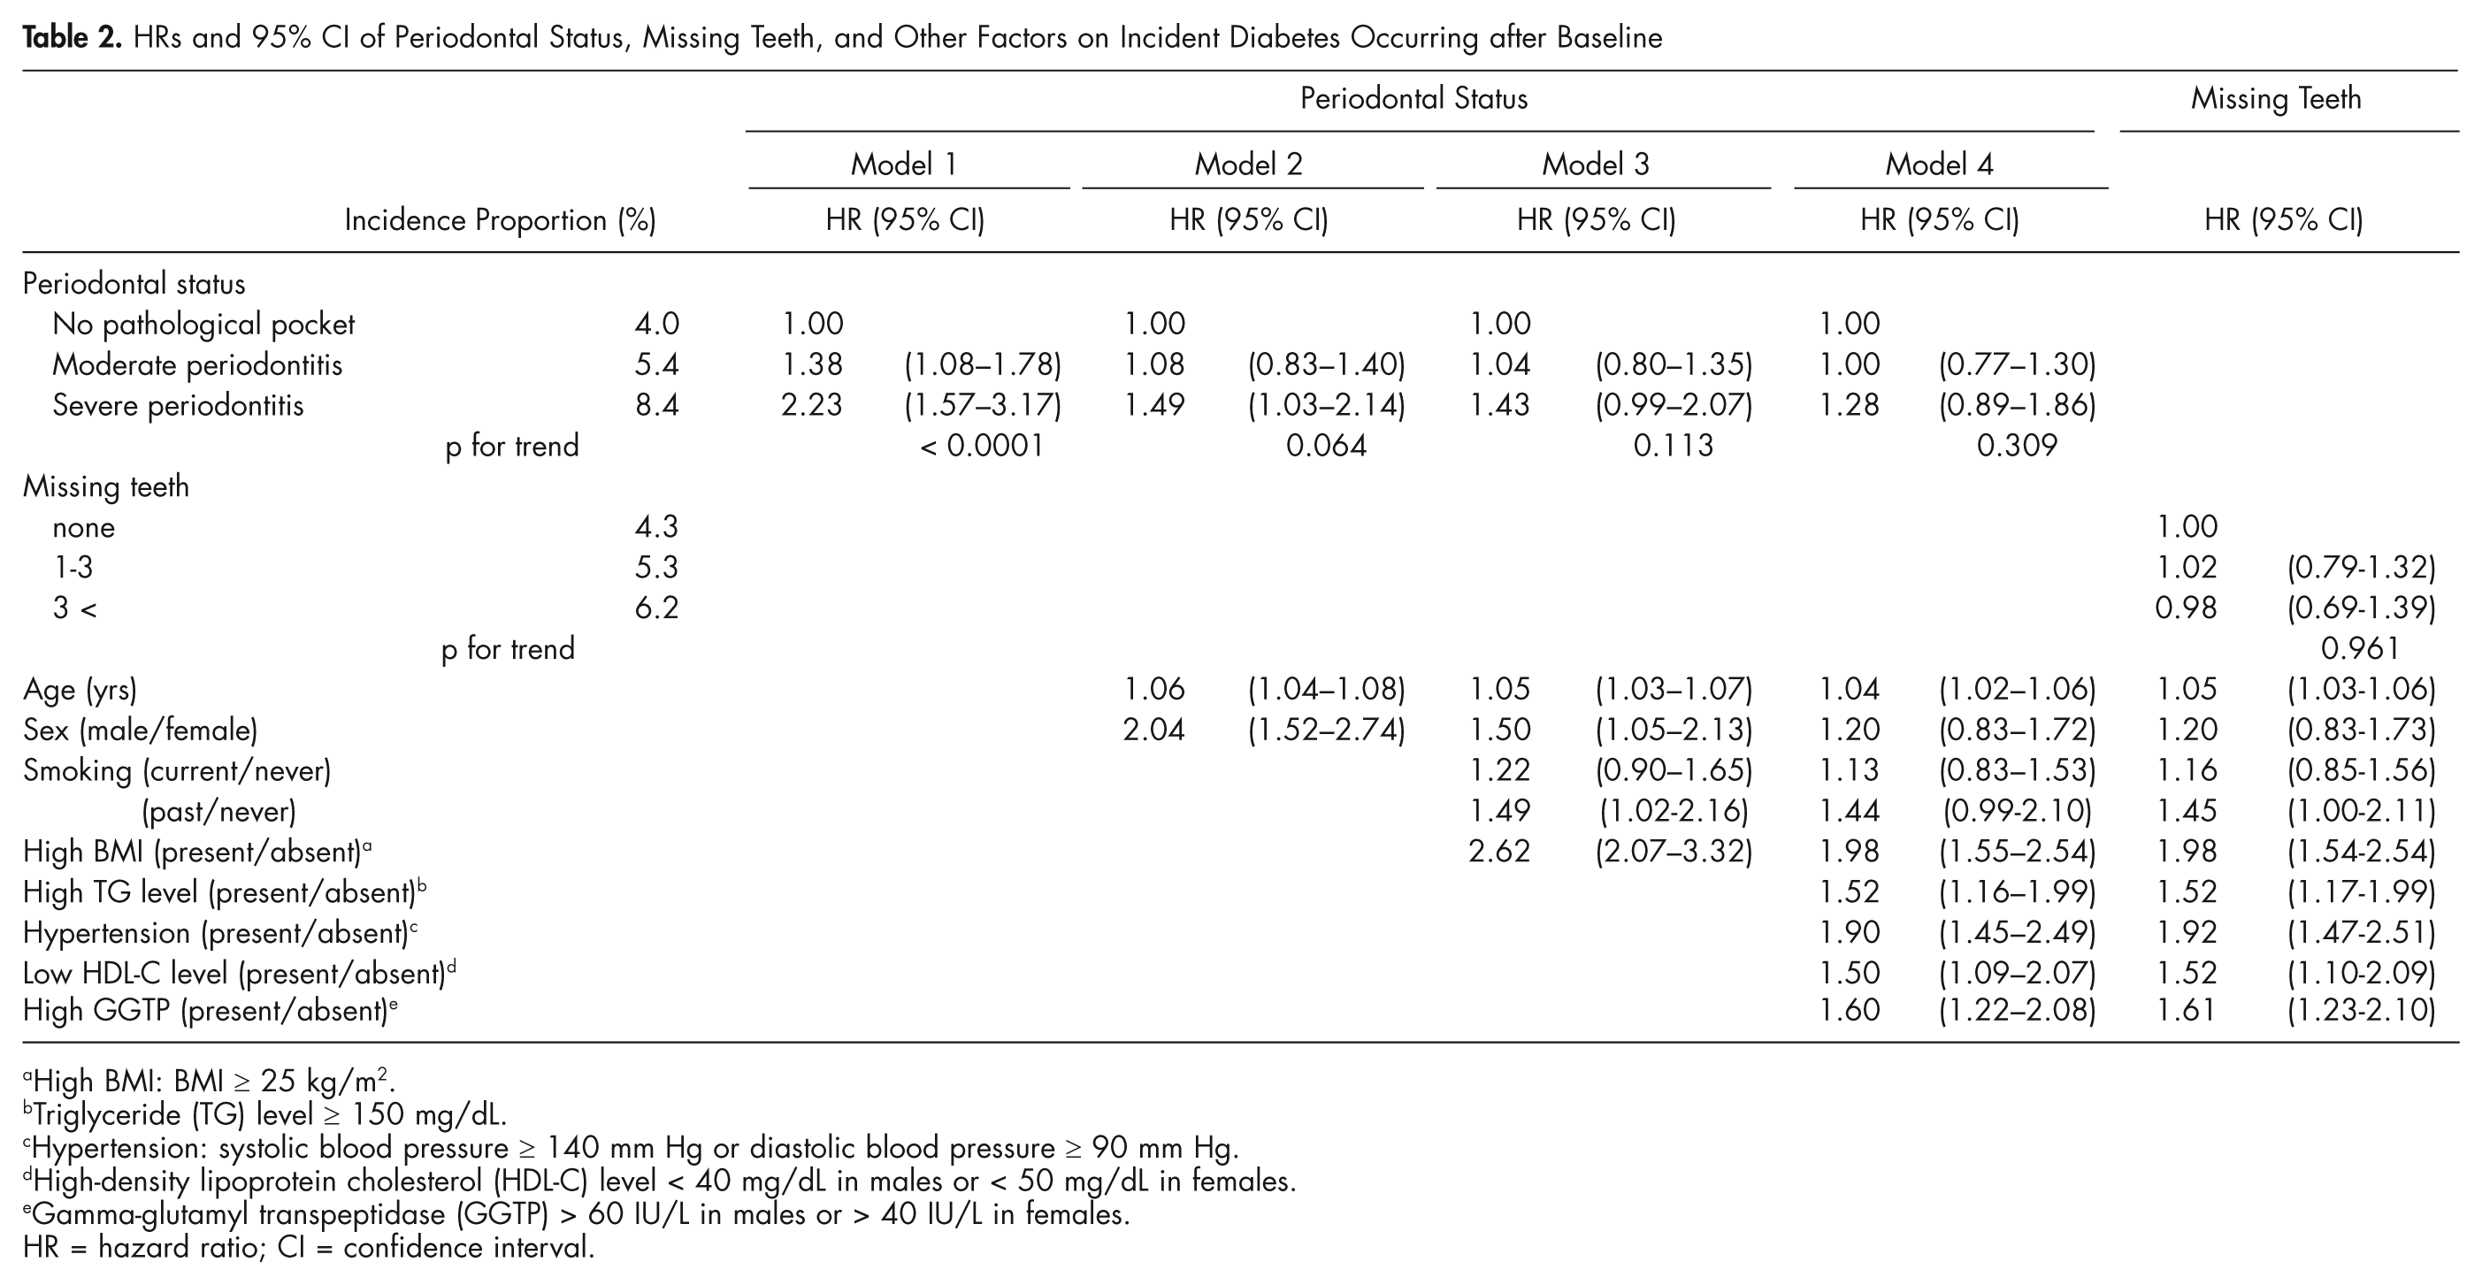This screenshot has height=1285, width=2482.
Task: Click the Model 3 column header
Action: click(1595, 164)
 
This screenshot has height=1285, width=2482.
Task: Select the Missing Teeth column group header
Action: click(2276, 98)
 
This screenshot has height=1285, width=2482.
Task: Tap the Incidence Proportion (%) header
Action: click(500, 220)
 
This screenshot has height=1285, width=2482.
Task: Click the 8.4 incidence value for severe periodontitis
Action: click(656, 404)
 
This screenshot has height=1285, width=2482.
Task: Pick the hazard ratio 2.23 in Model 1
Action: click(811, 404)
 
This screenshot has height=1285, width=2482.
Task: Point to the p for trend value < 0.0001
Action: click(982, 445)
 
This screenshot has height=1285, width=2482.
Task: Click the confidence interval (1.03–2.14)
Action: click(1327, 404)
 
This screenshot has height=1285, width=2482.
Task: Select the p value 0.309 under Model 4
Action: click(2017, 445)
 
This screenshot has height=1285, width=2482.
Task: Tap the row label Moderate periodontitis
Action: click(197, 364)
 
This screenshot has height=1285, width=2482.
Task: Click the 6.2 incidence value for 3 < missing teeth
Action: click(656, 608)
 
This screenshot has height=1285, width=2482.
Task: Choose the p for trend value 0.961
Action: click(2360, 648)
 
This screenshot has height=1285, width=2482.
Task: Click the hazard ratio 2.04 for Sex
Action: click(1153, 730)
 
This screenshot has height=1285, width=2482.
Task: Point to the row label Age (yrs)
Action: click(80, 690)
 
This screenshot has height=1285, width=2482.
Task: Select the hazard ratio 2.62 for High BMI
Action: click(1499, 852)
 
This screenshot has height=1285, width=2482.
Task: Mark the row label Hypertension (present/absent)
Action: click(219, 932)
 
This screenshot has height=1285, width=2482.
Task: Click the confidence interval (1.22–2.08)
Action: click(2017, 1011)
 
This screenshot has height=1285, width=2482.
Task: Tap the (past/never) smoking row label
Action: click(218, 811)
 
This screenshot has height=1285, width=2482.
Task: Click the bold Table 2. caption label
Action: click(73, 37)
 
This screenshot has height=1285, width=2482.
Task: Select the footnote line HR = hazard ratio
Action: click(310, 1248)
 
